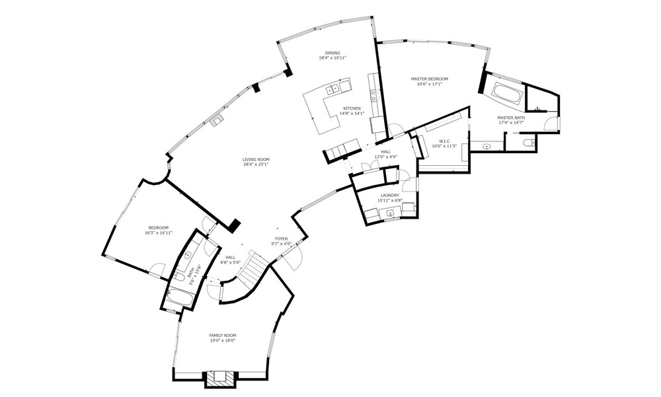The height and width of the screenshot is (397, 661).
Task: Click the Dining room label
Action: tap(332, 53)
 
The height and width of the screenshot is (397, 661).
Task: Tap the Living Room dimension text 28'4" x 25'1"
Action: tap(256, 164)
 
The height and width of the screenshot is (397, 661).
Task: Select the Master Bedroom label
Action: tap(429, 79)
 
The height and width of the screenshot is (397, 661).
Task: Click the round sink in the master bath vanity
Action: tap(487, 147)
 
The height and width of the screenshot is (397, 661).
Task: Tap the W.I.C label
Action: tap(444, 141)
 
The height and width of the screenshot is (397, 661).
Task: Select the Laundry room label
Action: tap(389, 196)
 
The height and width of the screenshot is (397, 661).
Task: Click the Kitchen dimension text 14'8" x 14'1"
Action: tap(352, 114)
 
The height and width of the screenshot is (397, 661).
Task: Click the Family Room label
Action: tap(222, 336)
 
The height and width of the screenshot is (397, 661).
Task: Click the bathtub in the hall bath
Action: tap(180, 300)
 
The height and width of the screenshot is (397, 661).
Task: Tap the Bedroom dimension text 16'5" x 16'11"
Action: tap(159, 233)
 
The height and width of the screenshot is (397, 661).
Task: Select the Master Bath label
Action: tap(511, 118)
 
